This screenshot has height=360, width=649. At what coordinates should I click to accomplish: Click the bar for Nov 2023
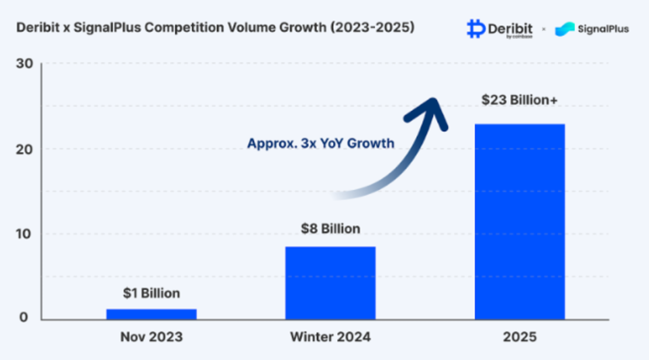151,314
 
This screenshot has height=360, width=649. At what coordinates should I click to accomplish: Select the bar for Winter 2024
330,283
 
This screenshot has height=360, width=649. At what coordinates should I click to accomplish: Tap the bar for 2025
520,222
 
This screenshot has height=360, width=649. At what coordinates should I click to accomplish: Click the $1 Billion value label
151,294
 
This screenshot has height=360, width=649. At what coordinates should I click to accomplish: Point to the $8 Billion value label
330,229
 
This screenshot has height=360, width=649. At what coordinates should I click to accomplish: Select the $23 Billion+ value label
520,99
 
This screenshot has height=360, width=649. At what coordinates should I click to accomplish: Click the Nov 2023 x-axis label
151,337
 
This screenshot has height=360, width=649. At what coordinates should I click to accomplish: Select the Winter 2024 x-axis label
330,337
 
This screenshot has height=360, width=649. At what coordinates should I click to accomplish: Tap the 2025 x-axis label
520,337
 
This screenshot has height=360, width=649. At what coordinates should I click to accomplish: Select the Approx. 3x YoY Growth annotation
321,144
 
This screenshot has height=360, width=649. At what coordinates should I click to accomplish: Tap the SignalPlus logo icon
565,29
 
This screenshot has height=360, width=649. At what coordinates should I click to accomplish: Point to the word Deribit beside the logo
511,27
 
